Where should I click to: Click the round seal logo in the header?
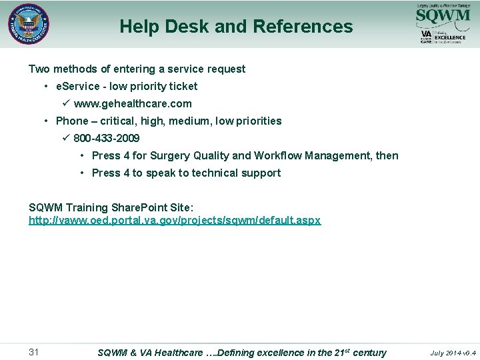coord(29,25)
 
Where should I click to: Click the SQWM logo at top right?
coord(443,15)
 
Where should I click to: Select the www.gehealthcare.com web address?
coord(133,104)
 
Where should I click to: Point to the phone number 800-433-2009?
coord(107,139)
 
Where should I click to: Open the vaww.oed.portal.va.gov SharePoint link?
coord(175,220)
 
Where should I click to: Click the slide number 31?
coord(35,352)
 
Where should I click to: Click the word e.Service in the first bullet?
coord(77,87)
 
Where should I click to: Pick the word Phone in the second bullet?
coord(72,121)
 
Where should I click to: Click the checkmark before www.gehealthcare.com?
coord(65,103)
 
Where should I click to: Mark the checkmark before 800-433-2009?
coord(65,138)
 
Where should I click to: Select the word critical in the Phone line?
coord(118,121)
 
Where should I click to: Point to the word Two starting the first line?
coord(39,69)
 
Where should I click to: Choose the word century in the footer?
coord(369,353)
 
